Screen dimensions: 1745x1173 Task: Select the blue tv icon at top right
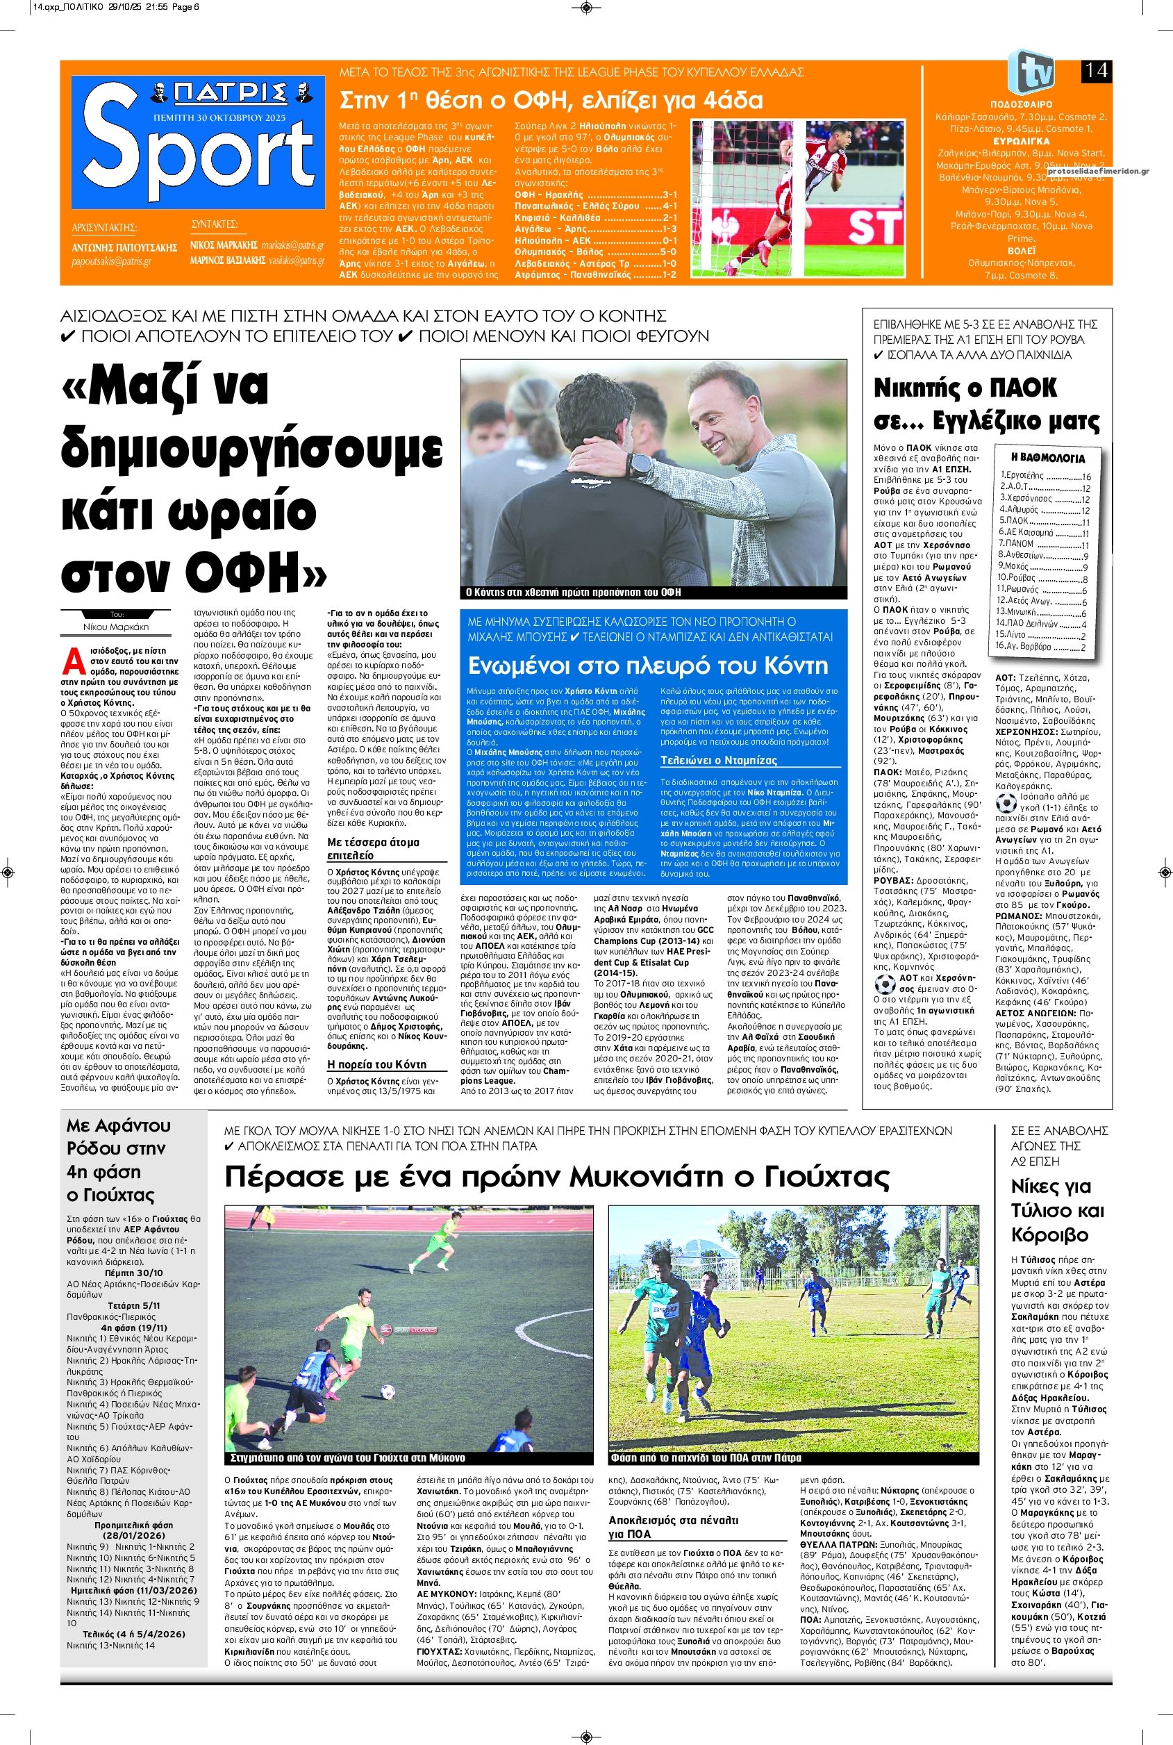[x=1031, y=72]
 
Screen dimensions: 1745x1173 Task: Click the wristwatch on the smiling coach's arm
[x=640, y=465]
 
